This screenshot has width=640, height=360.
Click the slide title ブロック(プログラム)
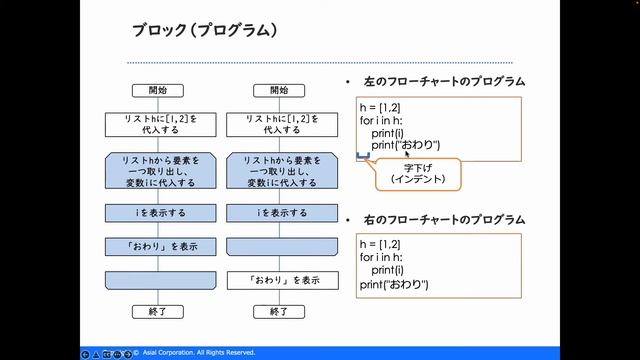(x=204, y=30)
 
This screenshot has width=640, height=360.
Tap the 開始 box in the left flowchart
(x=157, y=90)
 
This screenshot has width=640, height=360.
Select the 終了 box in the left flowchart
(x=157, y=312)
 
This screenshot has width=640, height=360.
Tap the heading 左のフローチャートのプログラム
(x=441, y=81)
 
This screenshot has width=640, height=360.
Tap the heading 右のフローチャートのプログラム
(x=441, y=219)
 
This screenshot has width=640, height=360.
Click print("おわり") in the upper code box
(x=405, y=145)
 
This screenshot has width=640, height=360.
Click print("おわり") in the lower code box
(x=394, y=285)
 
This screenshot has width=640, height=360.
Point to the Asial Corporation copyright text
(x=200, y=353)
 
